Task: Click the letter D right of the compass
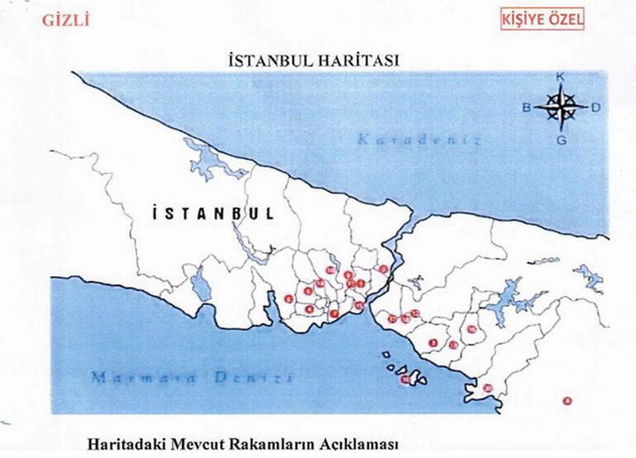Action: (x=594, y=108)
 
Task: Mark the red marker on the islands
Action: (x=404, y=379)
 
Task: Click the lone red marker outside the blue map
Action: (x=566, y=400)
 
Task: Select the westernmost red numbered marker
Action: (x=287, y=298)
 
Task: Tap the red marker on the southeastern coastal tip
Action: (x=488, y=386)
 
